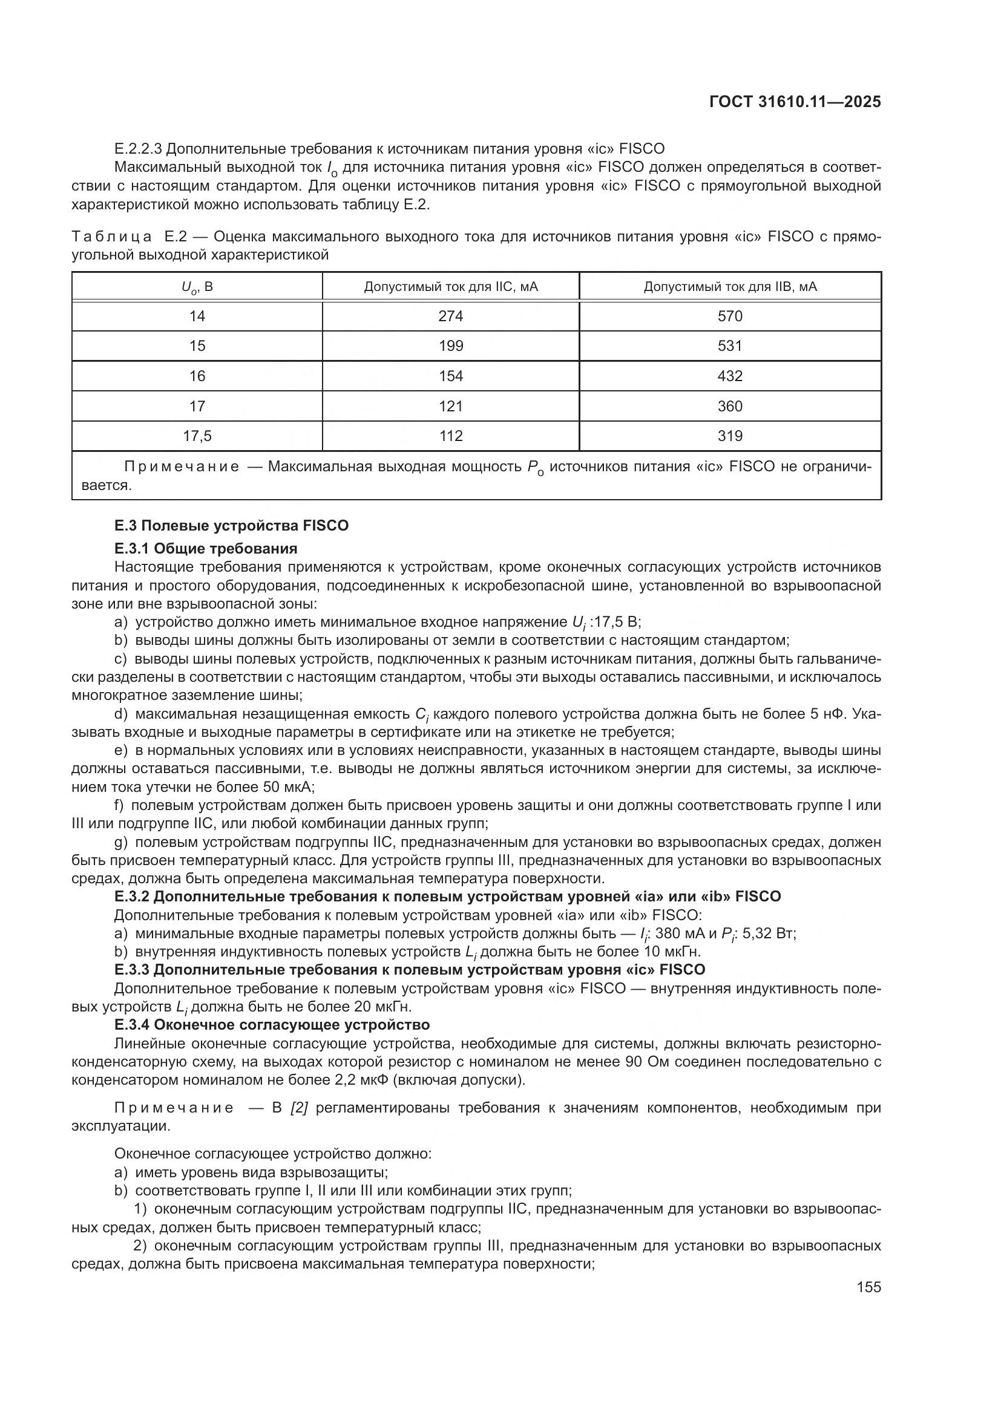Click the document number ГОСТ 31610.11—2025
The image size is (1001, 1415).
click(795, 102)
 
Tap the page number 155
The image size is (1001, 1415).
click(868, 1287)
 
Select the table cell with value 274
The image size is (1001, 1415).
click(451, 316)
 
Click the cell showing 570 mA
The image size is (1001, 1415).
click(730, 316)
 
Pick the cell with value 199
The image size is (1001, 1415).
click(451, 346)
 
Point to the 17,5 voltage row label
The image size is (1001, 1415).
click(197, 436)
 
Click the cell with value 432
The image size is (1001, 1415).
click(730, 376)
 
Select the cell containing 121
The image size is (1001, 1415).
click(451, 406)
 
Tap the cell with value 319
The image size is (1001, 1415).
click(730, 436)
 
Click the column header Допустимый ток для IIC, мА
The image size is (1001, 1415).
click(451, 287)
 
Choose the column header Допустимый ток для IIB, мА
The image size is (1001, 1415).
click(730, 287)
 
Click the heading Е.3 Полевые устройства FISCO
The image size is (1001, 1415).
click(231, 526)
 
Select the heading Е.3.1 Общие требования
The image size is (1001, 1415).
click(206, 549)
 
